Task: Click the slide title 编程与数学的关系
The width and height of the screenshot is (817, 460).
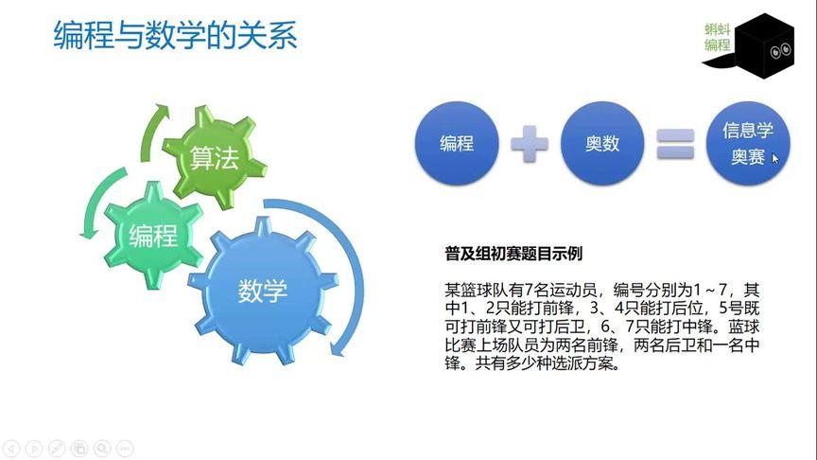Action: click(x=176, y=35)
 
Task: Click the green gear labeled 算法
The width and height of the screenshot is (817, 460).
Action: click(x=213, y=157)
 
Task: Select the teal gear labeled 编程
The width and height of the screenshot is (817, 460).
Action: click(x=153, y=235)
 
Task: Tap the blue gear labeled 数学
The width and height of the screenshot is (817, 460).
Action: click(x=262, y=291)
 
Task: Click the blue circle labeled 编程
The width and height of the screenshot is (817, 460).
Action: click(x=457, y=144)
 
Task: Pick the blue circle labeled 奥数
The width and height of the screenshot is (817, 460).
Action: click(x=602, y=144)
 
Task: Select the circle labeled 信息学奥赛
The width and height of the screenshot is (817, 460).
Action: click(x=748, y=144)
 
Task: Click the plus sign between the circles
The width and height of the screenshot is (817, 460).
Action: click(x=530, y=144)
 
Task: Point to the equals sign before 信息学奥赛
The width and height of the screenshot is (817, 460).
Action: click(x=675, y=144)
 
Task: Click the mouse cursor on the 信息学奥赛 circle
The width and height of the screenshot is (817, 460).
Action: click(x=775, y=159)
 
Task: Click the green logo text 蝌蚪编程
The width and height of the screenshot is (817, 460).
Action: click(x=718, y=37)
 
